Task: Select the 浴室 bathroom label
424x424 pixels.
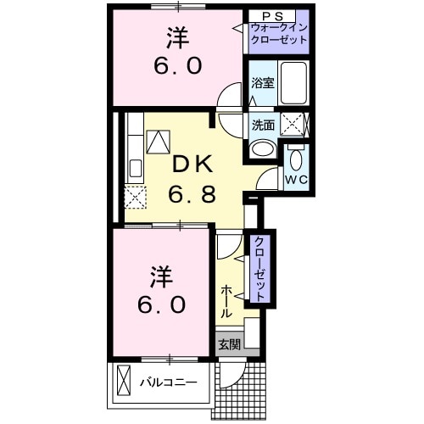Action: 262,83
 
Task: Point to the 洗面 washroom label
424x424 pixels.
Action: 262,125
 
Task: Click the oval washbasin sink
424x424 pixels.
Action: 263,148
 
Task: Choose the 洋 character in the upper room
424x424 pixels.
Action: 177,37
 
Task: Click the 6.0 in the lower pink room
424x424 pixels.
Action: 159,304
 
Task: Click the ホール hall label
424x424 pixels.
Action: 227,301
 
